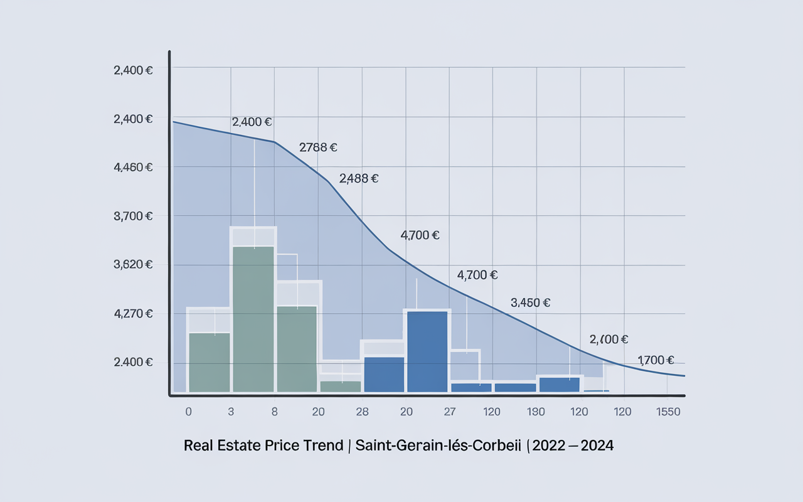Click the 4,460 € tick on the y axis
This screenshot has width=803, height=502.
coord(133,168)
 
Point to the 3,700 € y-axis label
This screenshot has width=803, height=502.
coord(133,216)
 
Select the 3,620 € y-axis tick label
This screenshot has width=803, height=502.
coord(133,264)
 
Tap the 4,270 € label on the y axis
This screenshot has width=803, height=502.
coord(133,313)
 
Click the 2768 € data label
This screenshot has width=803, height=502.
coord(318,148)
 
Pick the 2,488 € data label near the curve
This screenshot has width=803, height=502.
coord(358,178)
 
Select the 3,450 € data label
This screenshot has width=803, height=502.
coord(531,302)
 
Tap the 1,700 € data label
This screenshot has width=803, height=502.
coord(656,360)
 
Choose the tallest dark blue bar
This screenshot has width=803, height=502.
coord(427,351)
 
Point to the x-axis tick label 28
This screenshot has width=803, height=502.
coord(362,412)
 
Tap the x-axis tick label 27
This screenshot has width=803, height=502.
coord(449,412)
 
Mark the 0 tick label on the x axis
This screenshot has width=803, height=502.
coord(188,412)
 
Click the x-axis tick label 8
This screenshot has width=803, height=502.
coord(275,412)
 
